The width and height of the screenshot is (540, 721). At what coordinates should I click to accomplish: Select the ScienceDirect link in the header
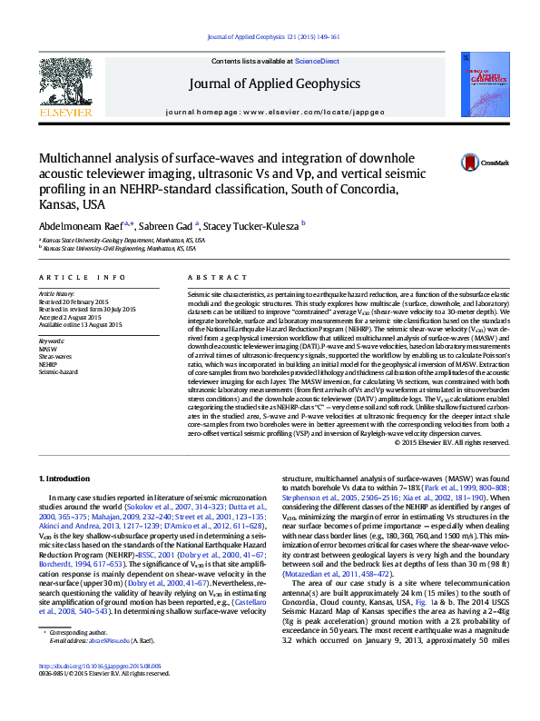[x=317, y=61]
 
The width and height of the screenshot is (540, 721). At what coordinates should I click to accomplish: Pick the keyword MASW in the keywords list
[x=47, y=349]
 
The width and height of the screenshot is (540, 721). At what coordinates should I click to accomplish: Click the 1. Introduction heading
[x=67, y=478]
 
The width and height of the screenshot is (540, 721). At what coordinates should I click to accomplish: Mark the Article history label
[x=56, y=295]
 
